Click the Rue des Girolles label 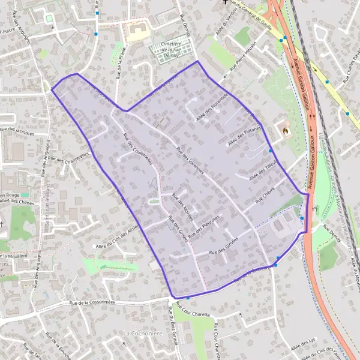point(224,247)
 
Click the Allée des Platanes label point(242,135)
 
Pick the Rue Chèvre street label point(264,198)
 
